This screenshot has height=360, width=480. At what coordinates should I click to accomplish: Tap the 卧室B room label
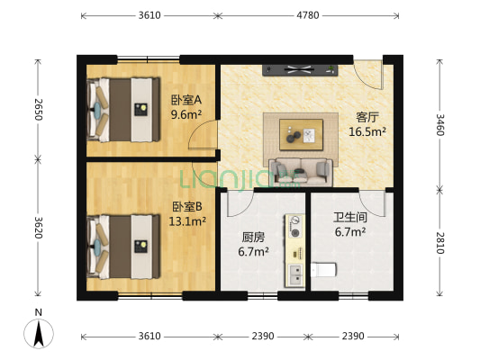pyautogui.click(x=188, y=205)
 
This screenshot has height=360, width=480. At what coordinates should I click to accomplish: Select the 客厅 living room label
pyautogui.click(x=367, y=117)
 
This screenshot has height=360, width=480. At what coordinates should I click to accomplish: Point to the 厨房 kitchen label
pyautogui.click(x=252, y=238)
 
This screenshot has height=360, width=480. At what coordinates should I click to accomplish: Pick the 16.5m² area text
pyautogui.click(x=367, y=131)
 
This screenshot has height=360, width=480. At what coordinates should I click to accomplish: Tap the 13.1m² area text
pyautogui.click(x=189, y=220)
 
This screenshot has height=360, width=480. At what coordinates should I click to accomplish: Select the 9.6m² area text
pyautogui.click(x=186, y=115)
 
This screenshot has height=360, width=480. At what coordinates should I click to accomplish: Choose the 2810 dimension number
pyautogui.click(x=440, y=243)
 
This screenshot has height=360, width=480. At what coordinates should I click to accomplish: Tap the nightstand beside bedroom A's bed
pyautogui.click(x=141, y=110)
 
